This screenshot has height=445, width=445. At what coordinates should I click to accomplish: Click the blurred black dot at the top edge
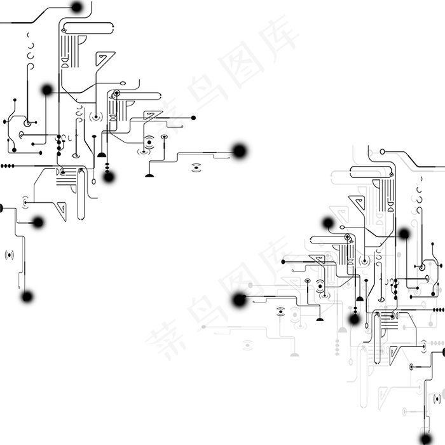[77, 7]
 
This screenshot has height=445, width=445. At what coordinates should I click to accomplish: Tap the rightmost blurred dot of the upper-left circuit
[239, 151]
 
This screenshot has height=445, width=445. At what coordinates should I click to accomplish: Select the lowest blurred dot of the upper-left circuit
[27, 296]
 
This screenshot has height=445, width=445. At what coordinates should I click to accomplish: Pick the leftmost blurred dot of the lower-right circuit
[239, 299]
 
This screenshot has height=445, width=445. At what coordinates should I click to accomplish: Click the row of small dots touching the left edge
[7, 165]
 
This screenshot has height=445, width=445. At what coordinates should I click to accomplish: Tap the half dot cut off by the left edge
[1, 208]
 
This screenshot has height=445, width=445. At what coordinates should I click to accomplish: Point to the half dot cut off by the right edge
[443, 352]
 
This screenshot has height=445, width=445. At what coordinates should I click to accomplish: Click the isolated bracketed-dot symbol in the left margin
[9, 255]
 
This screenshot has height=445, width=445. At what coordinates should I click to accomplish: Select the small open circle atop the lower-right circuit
[383, 152]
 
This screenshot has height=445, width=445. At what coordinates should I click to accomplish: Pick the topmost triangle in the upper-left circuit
[104, 58]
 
